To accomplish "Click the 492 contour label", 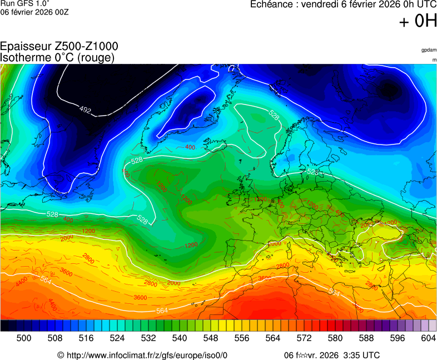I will (85, 110).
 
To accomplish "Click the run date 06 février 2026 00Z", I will (34, 12).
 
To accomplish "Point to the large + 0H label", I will (418, 21).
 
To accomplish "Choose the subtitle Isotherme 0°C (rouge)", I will (57, 57).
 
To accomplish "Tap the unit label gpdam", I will (428, 50).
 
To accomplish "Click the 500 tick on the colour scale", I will (23, 338).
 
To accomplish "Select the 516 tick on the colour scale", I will (86, 338).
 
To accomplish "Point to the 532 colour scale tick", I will (148, 338).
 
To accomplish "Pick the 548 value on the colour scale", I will (211, 338).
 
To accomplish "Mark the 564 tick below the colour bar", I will (273, 338).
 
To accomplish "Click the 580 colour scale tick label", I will (335, 338).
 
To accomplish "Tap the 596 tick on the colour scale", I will (398, 338).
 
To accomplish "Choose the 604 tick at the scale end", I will (428, 338).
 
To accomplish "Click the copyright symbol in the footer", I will (61, 355).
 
